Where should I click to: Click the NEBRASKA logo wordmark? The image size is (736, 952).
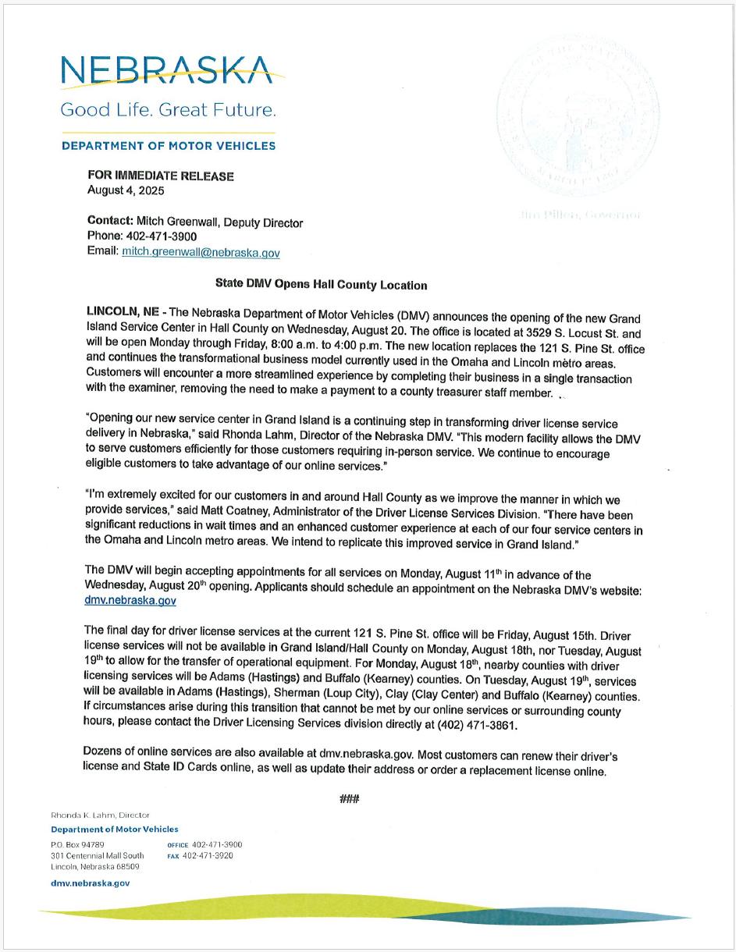tap(167, 71)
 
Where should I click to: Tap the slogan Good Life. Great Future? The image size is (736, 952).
tap(168, 110)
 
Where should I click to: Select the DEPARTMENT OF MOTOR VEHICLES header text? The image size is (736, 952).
tap(168, 146)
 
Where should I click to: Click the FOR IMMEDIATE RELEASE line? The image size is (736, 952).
tap(161, 176)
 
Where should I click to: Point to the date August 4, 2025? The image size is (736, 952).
tap(126, 190)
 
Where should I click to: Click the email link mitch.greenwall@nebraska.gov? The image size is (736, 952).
tap(201, 253)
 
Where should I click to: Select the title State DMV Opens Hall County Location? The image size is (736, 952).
tap(321, 285)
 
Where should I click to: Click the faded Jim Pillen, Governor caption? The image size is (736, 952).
tap(578, 215)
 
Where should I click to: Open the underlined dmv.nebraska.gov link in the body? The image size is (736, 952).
tap(130, 601)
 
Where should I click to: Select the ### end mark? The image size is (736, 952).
tap(348, 798)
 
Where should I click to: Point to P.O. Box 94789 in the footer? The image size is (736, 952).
tap(77, 844)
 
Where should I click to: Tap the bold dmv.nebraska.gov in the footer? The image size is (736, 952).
tap(91, 883)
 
